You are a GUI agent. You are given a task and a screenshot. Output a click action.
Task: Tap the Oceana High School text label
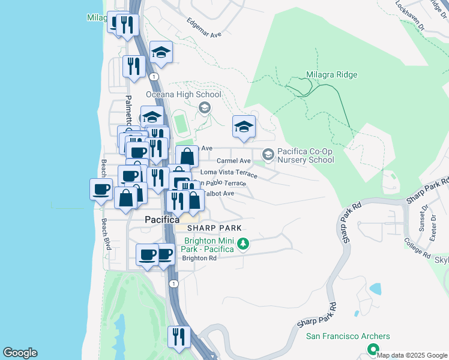pyautogui.click(x=184, y=95)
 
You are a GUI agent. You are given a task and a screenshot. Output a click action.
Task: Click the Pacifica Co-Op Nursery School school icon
pyautogui.click(x=268, y=155)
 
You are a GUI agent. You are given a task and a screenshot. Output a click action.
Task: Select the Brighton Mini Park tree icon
pyautogui.click(x=243, y=244)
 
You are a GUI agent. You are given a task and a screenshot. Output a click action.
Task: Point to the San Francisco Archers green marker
pyautogui.click(x=373, y=349)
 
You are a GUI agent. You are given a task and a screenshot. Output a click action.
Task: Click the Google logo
pyautogui.click(x=20, y=353)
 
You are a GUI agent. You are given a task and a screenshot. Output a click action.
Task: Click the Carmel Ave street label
pyautogui.click(x=234, y=161)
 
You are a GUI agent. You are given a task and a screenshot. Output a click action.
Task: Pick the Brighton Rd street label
pyautogui.click(x=199, y=258)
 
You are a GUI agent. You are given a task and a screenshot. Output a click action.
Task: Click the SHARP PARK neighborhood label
pyautogui.click(x=214, y=228)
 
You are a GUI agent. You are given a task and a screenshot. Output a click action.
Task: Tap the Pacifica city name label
pyautogui.click(x=162, y=220)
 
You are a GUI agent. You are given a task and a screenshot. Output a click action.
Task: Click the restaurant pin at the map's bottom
pyautogui.click(x=178, y=337)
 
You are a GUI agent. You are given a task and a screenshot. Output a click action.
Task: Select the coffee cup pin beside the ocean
pyautogui.click(x=101, y=189)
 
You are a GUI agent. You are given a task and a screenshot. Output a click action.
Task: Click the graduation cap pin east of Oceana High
pyautogui.click(x=244, y=127)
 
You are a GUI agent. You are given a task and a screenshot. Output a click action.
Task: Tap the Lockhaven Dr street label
pyautogui.click(x=410, y=15)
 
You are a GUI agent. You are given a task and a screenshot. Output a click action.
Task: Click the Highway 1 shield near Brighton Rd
pyautogui.click(x=173, y=283)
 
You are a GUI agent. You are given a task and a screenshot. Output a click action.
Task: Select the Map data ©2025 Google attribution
pyautogui.click(x=412, y=355)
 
